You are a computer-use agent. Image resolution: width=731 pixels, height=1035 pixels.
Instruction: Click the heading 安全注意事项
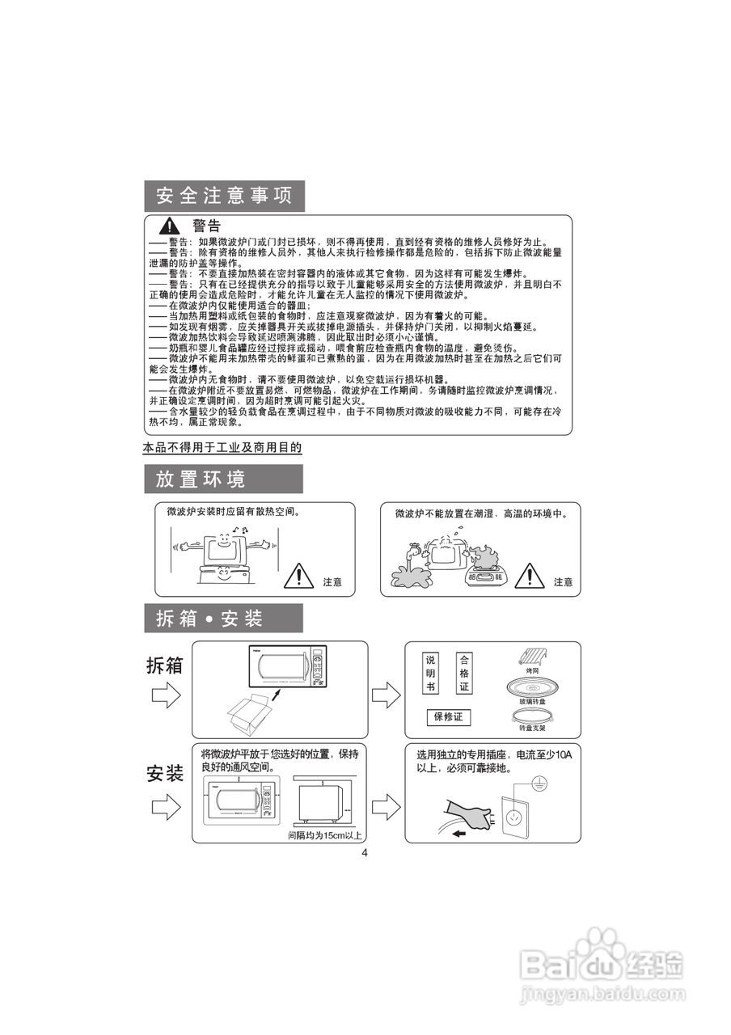click(x=224, y=196)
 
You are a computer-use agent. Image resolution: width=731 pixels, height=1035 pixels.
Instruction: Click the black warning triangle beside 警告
click(x=170, y=226)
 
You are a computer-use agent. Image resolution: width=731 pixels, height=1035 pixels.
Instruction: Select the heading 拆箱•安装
click(x=210, y=619)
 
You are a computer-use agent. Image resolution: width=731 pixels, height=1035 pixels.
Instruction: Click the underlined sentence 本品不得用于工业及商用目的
click(x=222, y=447)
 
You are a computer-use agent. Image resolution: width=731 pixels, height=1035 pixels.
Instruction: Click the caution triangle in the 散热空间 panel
click(x=299, y=575)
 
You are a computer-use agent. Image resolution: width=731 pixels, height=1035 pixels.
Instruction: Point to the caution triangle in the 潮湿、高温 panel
click(x=530, y=575)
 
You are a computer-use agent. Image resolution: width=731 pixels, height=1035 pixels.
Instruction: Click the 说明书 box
click(x=430, y=674)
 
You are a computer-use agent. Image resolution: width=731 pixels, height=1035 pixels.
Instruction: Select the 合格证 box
click(x=463, y=674)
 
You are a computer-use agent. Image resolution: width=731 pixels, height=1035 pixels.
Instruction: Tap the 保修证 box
click(x=448, y=717)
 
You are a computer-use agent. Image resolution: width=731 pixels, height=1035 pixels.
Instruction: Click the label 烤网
click(x=532, y=671)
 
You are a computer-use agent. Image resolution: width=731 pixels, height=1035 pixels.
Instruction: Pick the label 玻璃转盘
click(x=532, y=701)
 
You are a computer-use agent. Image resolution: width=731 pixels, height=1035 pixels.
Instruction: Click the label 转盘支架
click(x=532, y=728)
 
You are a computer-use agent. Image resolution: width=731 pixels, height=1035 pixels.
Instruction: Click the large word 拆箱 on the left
click(x=165, y=665)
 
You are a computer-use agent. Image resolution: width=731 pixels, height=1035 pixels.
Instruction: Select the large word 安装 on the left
click(x=165, y=774)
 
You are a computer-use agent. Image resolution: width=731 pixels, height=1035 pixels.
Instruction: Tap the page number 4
click(x=365, y=853)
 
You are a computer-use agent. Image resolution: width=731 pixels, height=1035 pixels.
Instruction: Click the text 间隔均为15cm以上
click(x=325, y=835)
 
